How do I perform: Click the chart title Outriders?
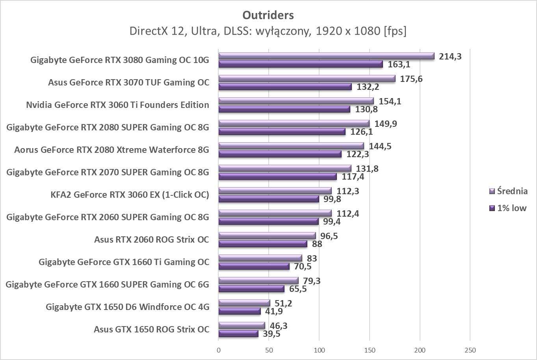(268, 15)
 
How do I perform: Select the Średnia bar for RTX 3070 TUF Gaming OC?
(307, 79)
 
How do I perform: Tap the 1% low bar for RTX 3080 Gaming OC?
(300, 64)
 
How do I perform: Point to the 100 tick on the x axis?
(319, 350)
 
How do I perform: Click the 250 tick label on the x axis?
(470, 350)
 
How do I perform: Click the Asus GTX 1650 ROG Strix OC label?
(151, 329)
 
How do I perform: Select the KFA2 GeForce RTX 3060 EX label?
(130, 195)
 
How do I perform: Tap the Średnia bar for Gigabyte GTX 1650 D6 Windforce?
(244, 303)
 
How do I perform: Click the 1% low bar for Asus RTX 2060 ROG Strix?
(262, 244)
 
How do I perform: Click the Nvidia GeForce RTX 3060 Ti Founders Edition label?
(117, 105)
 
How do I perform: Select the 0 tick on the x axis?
(219, 350)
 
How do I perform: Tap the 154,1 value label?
(390, 101)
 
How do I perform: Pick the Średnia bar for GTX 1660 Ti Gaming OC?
(260, 258)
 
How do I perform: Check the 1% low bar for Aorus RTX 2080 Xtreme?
(280, 154)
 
